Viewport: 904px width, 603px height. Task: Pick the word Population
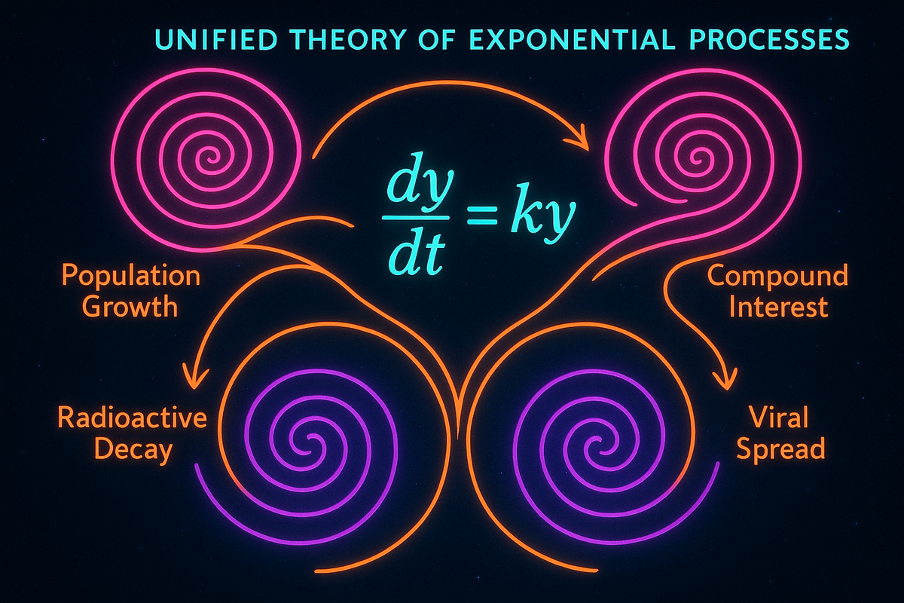[x=131, y=277]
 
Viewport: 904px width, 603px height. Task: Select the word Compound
[x=777, y=277]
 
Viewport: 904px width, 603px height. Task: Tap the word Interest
[x=777, y=307]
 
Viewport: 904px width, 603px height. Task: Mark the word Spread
[x=780, y=449]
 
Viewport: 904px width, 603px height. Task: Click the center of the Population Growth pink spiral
[x=206, y=159]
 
